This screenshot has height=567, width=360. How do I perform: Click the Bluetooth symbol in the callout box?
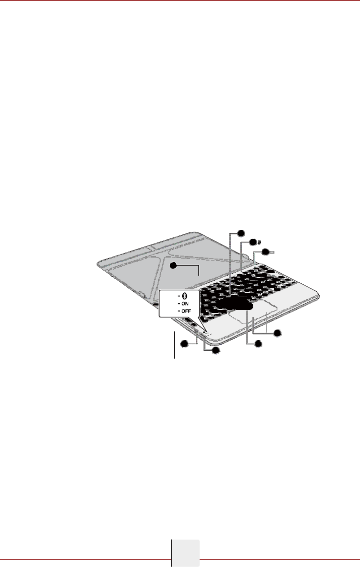pos(184,295)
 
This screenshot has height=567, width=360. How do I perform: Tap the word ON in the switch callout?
pos(185,304)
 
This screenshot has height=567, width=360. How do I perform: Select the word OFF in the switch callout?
pos(186,311)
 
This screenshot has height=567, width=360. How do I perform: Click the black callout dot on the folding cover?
pos(173,266)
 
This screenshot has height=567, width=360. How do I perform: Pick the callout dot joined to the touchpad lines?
pos(277,333)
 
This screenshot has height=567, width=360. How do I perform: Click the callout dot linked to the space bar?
pos(258,344)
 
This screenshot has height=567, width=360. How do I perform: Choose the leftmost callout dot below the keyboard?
pos(184,343)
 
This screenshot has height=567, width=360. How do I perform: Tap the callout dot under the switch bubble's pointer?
pos(215,351)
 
